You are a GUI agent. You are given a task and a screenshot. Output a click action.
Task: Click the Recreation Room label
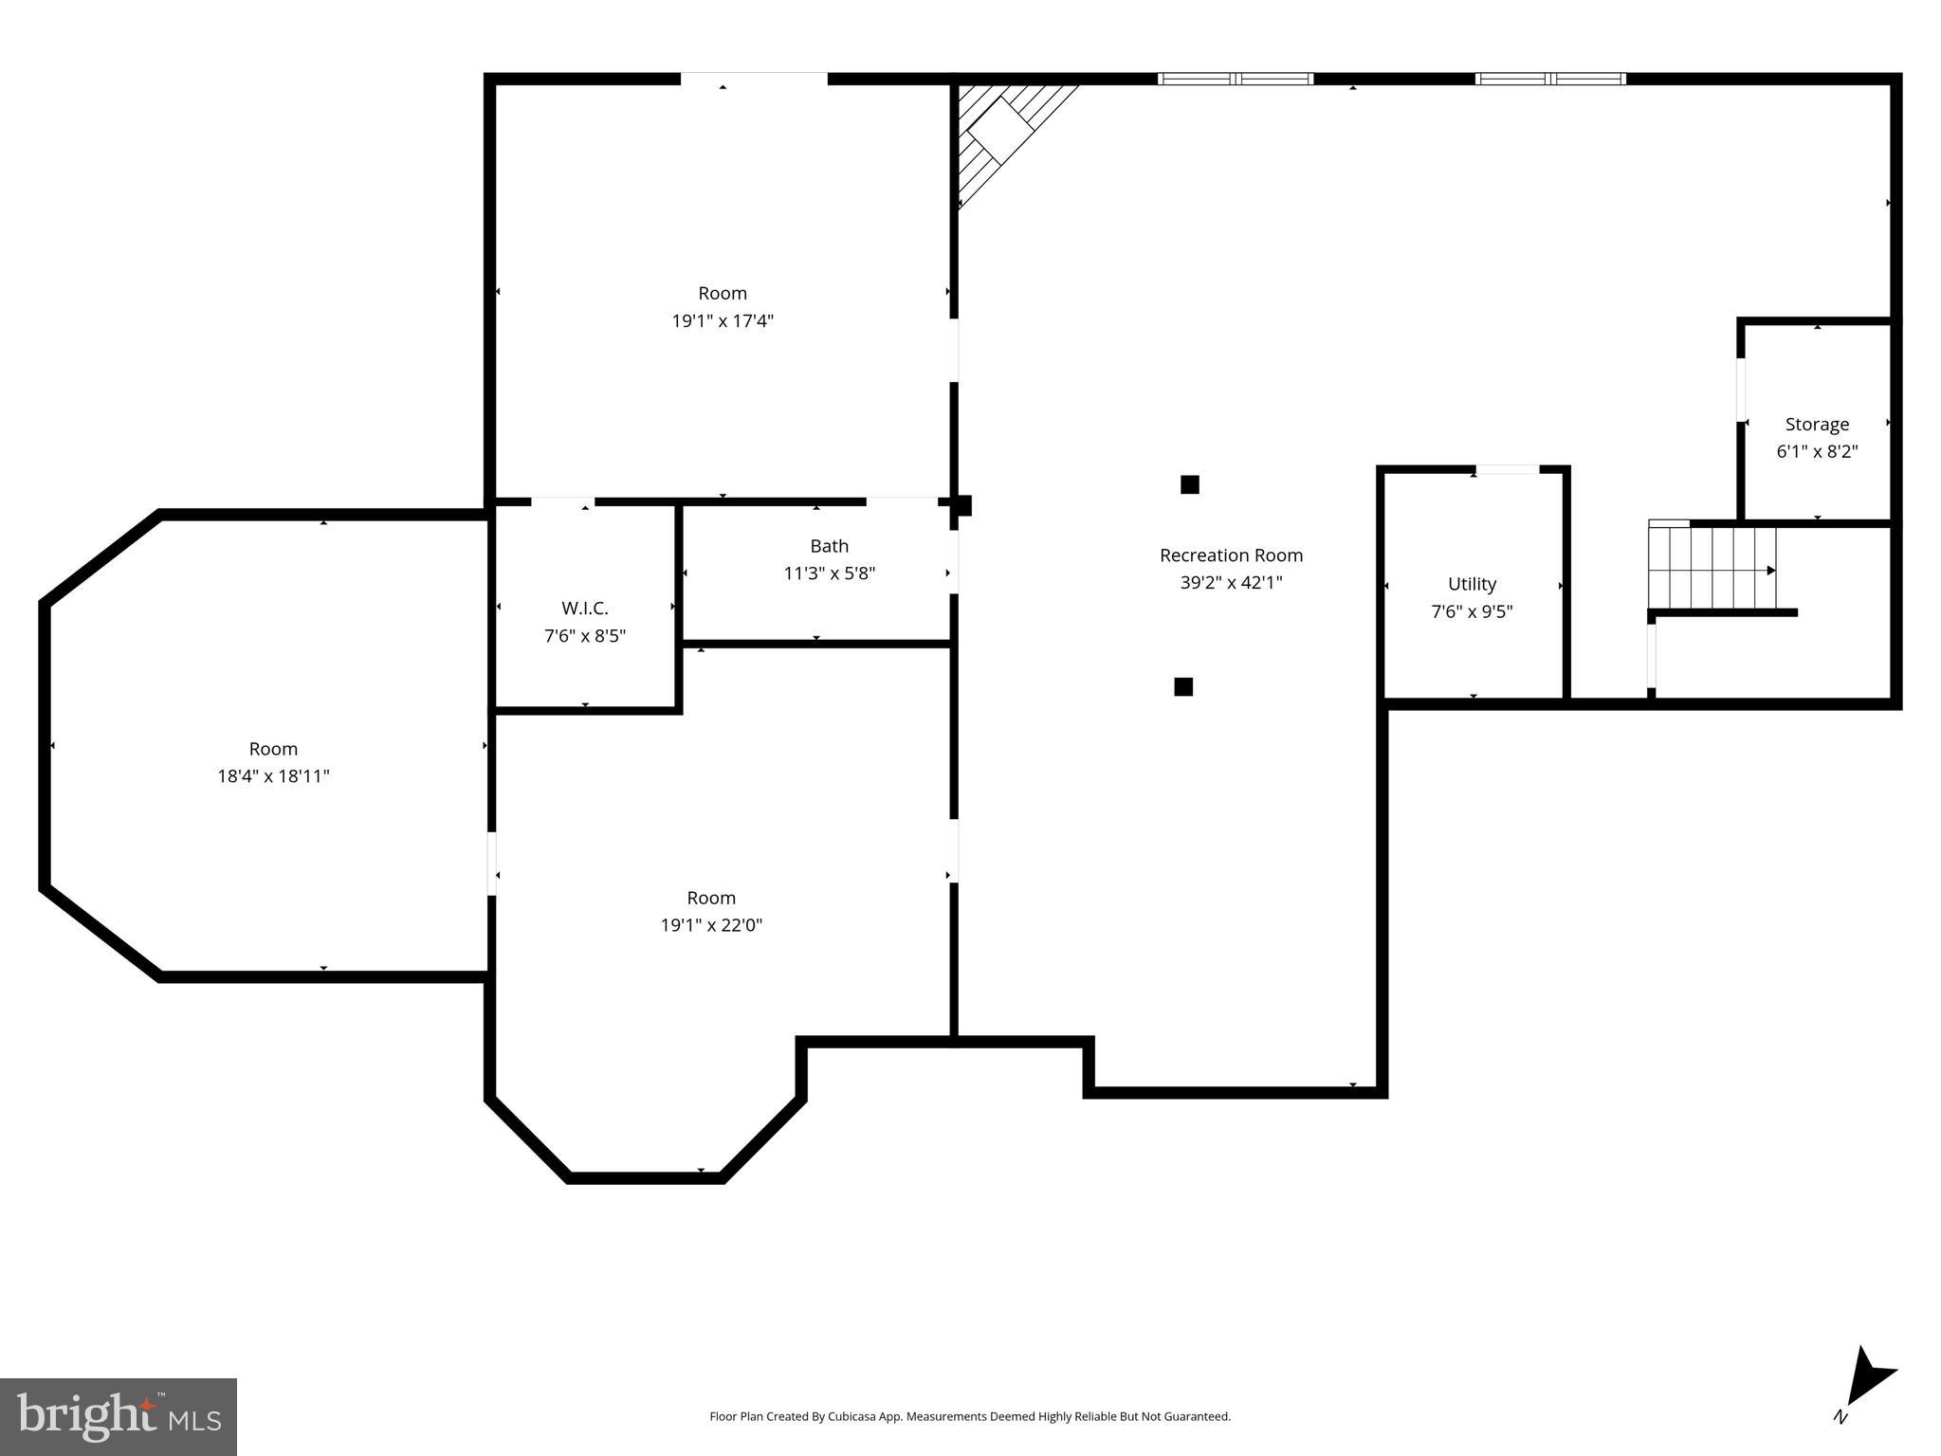[x=1231, y=555]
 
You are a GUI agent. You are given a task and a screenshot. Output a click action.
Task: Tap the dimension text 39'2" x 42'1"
[x=1231, y=583]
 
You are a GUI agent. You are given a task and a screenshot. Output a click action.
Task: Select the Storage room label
[x=1817, y=425]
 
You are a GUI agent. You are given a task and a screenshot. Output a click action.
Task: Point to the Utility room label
[x=1472, y=584]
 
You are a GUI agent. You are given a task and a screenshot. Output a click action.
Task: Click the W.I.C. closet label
[x=584, y=609]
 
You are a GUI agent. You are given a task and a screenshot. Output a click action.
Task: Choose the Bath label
[x=829, y=546]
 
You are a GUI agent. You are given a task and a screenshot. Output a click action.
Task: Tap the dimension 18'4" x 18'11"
[x=273, y=776]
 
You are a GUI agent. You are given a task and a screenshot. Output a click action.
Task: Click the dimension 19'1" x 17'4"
[x=723, y=321]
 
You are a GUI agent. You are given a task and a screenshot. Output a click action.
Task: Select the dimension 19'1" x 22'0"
[x=711, y=925]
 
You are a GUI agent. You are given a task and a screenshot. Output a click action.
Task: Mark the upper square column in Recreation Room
[x=1190, y=484]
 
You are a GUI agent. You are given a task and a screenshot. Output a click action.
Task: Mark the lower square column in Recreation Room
[x=1183, y=686]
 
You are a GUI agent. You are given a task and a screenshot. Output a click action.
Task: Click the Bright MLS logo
[x=119, y=1416]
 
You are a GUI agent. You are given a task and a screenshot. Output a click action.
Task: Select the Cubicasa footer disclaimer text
[x=969, y=1416]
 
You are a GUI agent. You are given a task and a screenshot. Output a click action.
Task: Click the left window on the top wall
[x=1236, y=80]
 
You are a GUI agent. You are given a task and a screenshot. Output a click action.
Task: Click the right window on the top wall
[x=1550, y=80]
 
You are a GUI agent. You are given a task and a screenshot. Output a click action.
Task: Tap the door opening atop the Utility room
[x=1507, y=469]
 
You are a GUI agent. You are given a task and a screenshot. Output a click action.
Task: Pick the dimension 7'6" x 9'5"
[x=1472, y=611]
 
